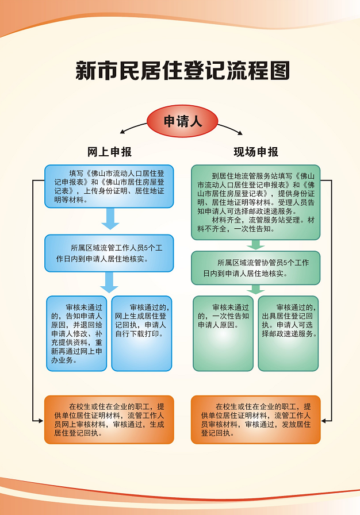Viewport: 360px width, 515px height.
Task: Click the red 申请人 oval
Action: coord(182,121)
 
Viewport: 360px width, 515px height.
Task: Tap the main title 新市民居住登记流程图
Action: coord(183,70)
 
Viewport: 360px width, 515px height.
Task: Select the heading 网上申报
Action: coord(109,152)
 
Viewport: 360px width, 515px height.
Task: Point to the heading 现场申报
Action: coord(256,152)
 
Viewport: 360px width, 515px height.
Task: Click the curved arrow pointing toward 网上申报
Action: coord(132,127)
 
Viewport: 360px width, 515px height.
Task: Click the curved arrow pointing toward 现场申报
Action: coord(231,128)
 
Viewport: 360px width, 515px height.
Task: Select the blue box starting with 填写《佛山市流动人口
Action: coord(109,186)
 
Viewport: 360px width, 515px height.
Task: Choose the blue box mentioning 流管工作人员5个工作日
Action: coord(109,253)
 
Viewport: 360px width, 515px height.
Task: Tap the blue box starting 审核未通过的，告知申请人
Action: coord(76,333)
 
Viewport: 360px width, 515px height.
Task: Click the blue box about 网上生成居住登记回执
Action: coord(142,333)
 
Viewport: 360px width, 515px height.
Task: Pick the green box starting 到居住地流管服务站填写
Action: coord(255,202)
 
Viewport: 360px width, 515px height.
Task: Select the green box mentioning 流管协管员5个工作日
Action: coord(255,268)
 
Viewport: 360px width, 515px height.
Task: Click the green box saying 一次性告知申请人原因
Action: coord(223,333)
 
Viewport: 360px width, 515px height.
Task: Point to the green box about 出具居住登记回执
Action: coord(288,333)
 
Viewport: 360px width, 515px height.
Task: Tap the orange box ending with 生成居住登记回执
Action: coord(109,420)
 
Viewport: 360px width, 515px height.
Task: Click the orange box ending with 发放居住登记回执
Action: coord(255,420)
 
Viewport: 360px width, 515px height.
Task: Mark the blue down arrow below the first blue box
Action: coord(110,219)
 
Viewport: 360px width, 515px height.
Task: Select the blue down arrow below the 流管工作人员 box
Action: coord(109,282)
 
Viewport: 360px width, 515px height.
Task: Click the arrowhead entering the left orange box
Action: coord(41,421)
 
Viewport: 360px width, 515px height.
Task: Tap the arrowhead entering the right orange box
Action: coord(324,421)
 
